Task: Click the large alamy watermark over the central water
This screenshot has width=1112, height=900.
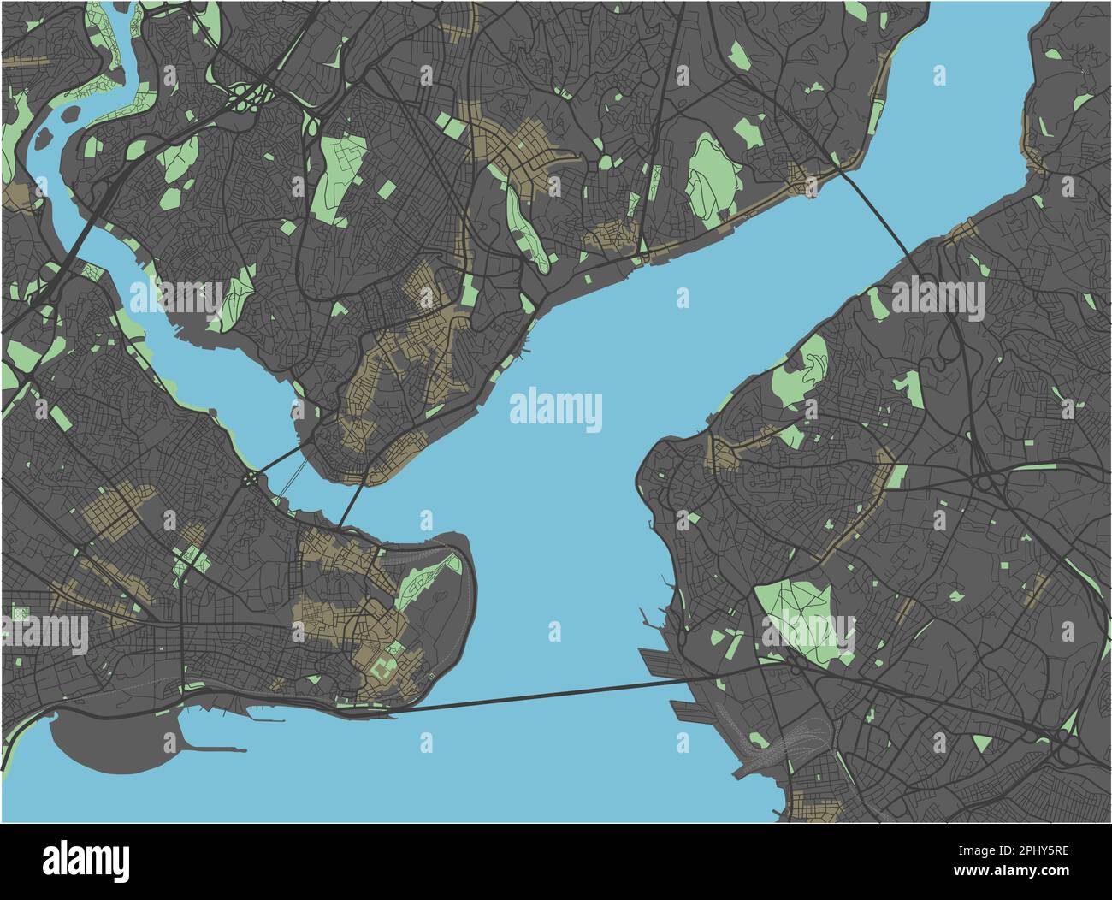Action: point(556,410)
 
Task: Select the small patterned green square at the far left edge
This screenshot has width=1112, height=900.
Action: point(18,613)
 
